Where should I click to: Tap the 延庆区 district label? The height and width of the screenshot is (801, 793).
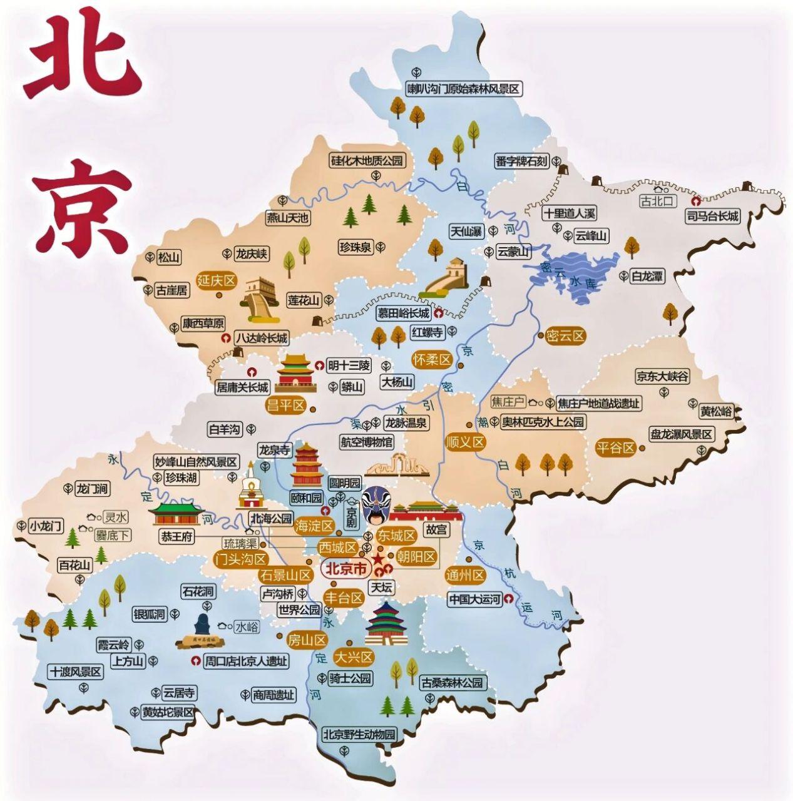click(216, 280)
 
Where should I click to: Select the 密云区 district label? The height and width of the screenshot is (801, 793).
click(565, 336)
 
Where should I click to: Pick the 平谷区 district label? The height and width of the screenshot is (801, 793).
click(615, 447)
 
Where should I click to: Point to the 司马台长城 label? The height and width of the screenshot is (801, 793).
click(712, 217)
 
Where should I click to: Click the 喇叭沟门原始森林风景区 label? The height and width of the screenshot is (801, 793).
click(463, 89)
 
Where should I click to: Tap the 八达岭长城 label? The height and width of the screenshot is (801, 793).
click(261, 339)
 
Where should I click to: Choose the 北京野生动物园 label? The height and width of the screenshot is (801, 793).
click(359, 734)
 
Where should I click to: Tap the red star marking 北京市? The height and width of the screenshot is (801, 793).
click(378, 558)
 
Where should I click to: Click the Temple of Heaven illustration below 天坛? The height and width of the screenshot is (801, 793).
click(386, 624)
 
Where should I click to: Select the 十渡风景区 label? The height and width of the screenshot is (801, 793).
click(76, 672)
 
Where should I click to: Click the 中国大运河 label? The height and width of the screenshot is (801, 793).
click(475, 599)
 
